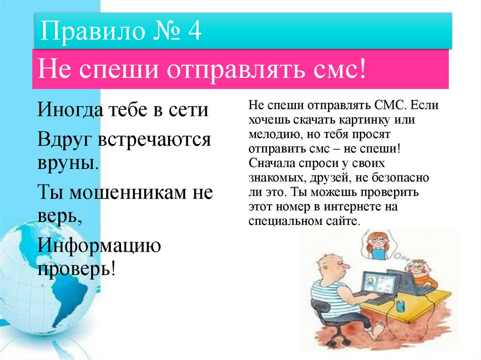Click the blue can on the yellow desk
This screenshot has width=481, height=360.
point(400,306)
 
